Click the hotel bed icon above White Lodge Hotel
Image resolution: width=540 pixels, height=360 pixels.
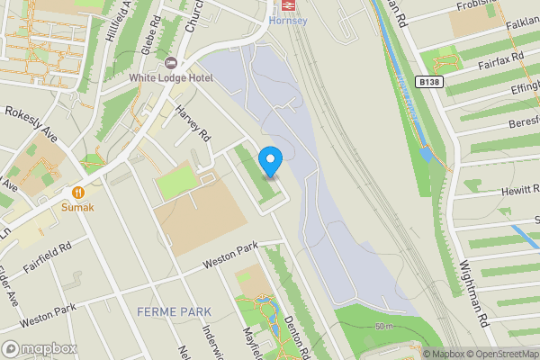(171, 63)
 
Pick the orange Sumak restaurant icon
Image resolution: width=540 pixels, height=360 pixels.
(78, 191)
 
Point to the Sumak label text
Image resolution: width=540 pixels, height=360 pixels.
(77, 206)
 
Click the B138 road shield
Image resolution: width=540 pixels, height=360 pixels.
(428, 82)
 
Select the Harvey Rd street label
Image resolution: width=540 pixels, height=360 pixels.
(193, 125)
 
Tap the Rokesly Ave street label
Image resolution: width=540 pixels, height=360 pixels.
(31, 125)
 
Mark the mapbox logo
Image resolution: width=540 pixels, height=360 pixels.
(40, 349)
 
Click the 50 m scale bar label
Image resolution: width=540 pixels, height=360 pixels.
(385, 325)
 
